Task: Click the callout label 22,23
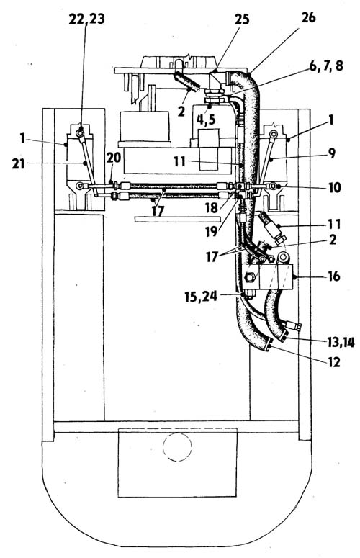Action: (x=86, y=19)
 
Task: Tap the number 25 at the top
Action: (x=241, y=19)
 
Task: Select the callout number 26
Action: (x=307, y=17)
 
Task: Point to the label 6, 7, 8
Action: (x=326, y=66)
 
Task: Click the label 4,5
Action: (x=206, y=120)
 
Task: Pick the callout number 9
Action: (x=331, y=153)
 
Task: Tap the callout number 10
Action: (x=334, y=187)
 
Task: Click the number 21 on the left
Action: (x=18, y=163)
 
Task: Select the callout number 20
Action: (x=114, y=157)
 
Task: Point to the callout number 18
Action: (x=211, y=208)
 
